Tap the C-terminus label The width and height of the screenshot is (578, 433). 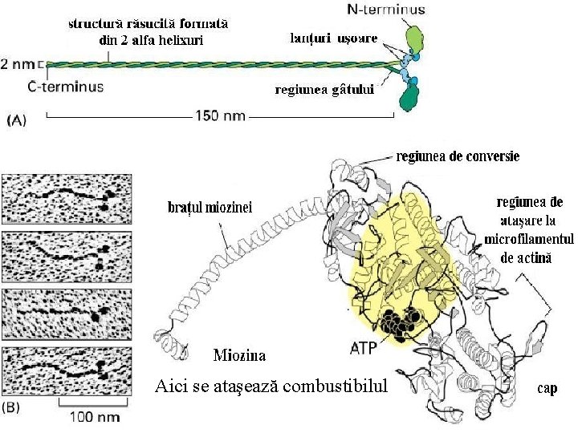tap(65, 86)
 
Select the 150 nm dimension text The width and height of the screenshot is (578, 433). tap(220, 115)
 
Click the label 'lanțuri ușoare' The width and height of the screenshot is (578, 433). tap(333, 38)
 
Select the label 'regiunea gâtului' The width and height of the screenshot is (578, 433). tap(325, 90)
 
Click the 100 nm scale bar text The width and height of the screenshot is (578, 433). tap(94, 417)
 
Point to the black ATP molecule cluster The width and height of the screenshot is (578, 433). tap(399, 322)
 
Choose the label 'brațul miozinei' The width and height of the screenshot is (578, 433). tap(210, 207)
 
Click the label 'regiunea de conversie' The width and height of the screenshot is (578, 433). tap(457, 156)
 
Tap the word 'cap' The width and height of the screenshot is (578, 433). tap(547, 388)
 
